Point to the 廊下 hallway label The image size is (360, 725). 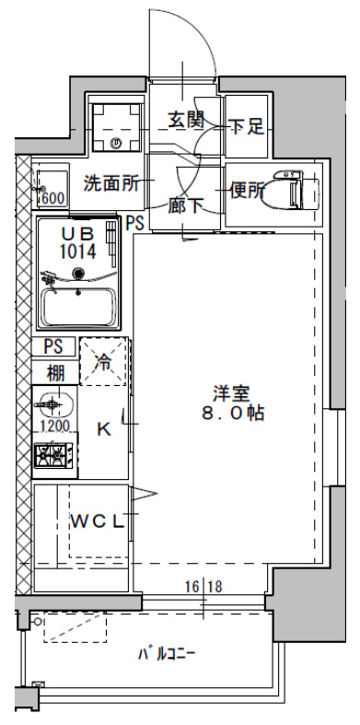pos(187,206)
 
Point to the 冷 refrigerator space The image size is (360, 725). pos(104,362)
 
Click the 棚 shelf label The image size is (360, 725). pos(55,373)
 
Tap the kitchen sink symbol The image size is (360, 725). pos(56,405)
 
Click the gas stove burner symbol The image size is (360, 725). pos(54,454)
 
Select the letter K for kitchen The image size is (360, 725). pos(104,428)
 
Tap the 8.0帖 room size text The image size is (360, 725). pos(234,415)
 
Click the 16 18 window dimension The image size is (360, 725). pos(203,585)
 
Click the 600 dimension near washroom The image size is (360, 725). pos(52,198)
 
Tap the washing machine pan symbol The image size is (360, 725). pos(116,127)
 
